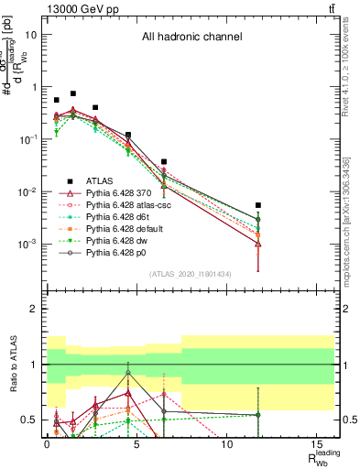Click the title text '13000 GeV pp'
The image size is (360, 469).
[x=80, y=8]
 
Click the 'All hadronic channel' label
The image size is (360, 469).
[x=191, y=38]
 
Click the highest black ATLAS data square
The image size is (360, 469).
[x=73, y=93]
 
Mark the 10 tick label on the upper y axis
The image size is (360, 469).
[x=32, y=34]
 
